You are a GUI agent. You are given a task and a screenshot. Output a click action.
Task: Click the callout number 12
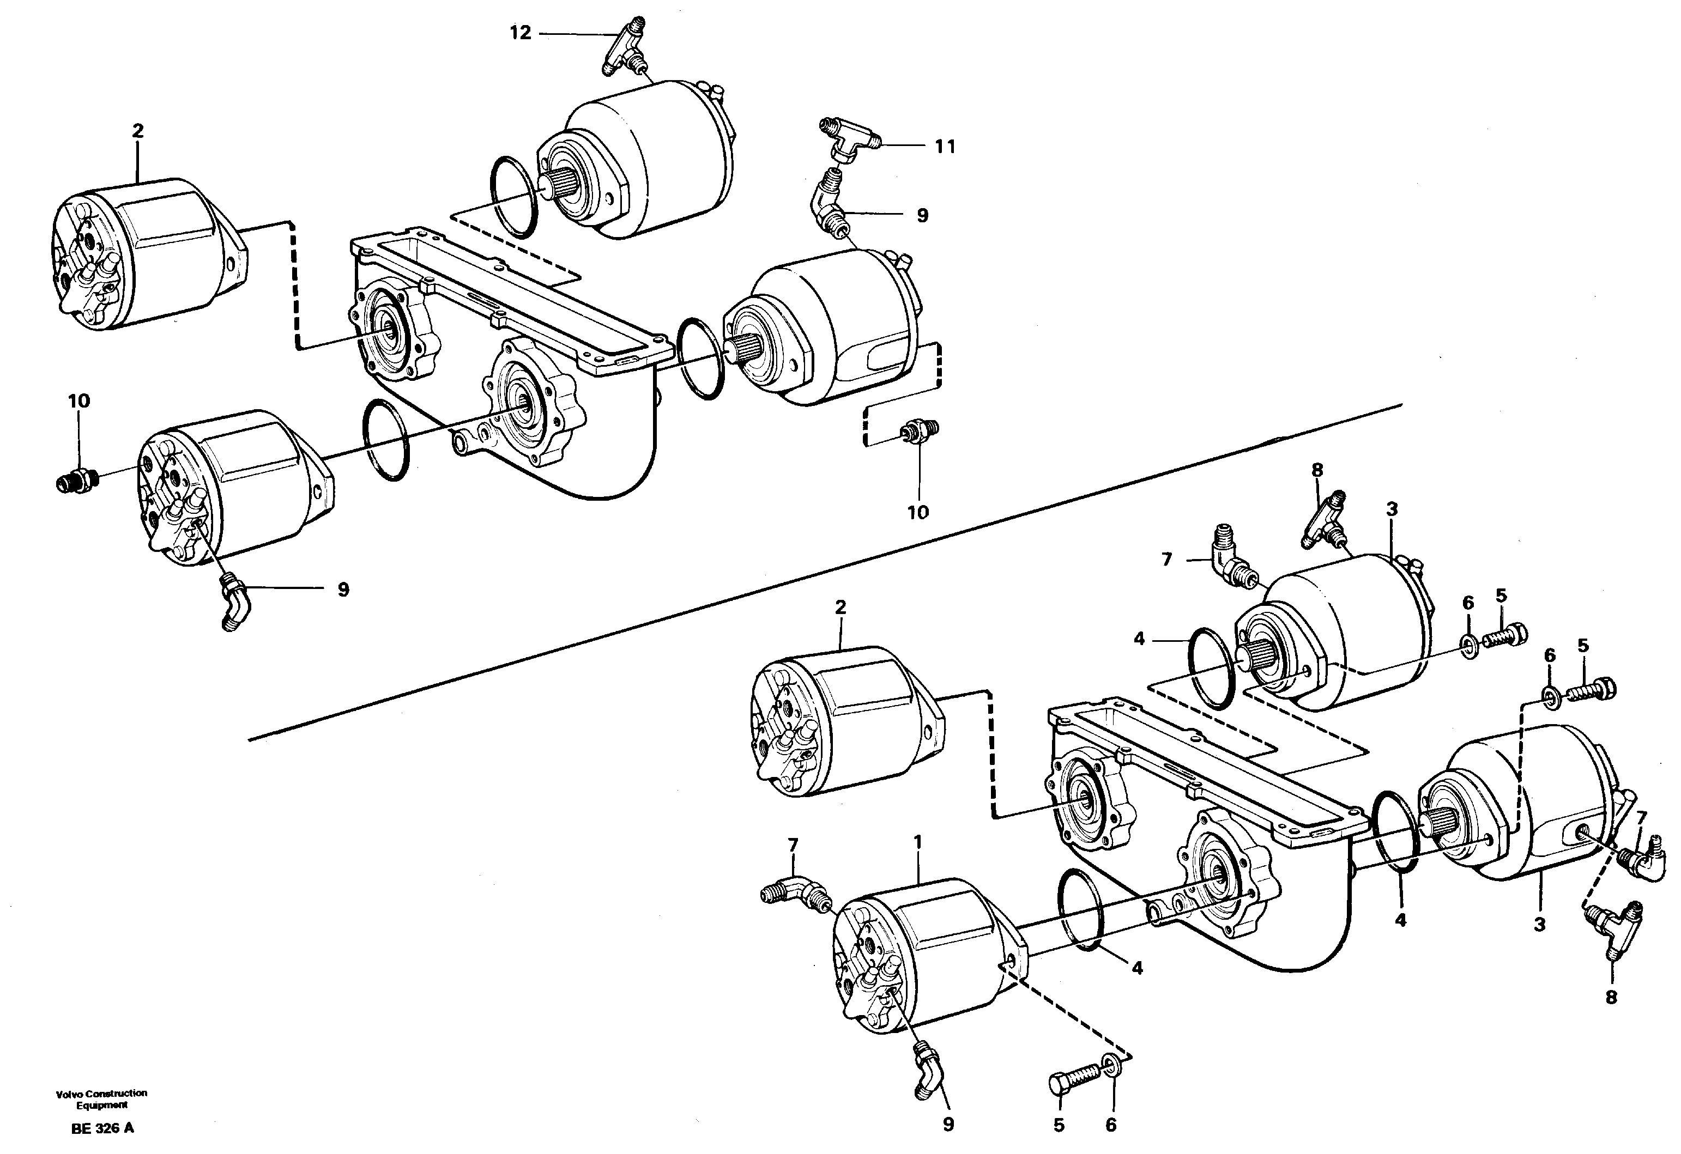(x=520, y=33)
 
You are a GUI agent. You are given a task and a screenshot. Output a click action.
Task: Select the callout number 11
(x=945, y=147)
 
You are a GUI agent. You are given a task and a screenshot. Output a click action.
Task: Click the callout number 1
(x=917, y=842)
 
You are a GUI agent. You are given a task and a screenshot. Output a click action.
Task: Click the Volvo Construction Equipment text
(x=101, y=1099)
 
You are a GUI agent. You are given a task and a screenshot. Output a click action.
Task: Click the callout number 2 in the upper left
(x=137, y=131)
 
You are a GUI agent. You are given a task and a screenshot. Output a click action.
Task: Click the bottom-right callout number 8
(x=1611, y=998)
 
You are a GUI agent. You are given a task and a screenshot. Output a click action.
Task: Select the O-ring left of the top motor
(x=513, y=196)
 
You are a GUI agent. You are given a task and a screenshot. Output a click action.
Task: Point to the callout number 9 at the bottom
(x=948, y=1125)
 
